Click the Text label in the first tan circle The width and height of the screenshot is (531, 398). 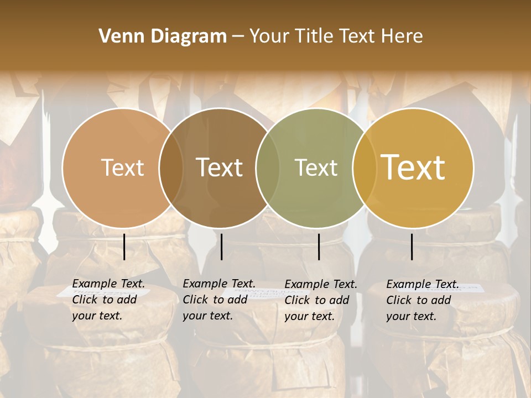[x=122, y=167]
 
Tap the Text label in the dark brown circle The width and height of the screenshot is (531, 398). [x=220, y=167]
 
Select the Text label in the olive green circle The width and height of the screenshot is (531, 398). [x=316, y=167]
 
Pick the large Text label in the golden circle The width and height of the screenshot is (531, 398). [x=413, y=167]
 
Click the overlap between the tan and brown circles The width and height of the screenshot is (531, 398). [x=171, y=167]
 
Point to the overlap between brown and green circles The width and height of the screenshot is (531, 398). [x=268, y=167]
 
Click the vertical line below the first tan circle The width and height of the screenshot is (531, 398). [x=124, y=247]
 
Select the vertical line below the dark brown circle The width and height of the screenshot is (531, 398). [x=221, y=247]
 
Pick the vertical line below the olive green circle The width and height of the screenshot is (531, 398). [x=319, y=247]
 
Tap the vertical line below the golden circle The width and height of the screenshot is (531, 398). [x=412, y=247]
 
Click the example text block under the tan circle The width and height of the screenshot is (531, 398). [x=108, y=300]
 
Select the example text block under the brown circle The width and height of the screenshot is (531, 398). [x=218, y=300]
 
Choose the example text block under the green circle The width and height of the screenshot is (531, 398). [x=320, y=300]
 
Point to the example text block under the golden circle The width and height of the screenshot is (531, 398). [x=422, y=300]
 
